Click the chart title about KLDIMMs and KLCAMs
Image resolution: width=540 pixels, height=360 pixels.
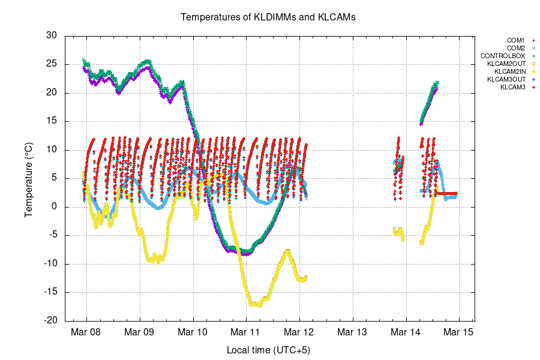268,17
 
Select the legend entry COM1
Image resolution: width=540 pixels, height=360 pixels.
515,40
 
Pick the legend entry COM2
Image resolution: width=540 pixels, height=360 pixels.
515,48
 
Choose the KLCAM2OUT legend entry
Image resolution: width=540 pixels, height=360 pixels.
506,64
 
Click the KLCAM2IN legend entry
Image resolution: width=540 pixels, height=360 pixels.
508,71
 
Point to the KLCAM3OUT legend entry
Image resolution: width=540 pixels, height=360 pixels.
506,79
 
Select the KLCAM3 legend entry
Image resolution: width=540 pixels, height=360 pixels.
513,87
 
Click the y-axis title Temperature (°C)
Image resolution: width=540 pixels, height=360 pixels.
28,178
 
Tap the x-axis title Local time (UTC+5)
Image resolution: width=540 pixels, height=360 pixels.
268,350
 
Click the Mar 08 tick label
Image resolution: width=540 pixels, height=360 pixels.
86,332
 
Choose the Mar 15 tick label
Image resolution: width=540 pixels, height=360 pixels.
460,332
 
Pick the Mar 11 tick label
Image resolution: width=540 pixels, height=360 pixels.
247,332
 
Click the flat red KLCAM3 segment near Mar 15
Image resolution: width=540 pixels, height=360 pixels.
447,193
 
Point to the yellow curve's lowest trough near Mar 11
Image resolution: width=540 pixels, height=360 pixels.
255,304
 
